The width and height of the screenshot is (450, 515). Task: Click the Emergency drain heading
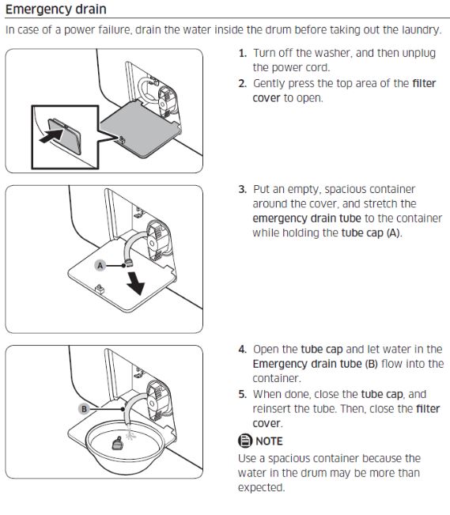click(56, 9)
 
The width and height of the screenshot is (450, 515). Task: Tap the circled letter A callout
click(100, 265)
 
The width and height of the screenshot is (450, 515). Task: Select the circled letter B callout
click(84, 409)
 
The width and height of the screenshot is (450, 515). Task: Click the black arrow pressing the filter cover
click(51, 135)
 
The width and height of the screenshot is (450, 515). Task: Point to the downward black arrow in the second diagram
click(136, 282)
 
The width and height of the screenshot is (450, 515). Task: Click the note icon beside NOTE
click(244, 441)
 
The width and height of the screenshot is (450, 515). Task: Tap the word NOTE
click(269, 441)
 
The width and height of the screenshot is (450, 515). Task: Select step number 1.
click(243, 53)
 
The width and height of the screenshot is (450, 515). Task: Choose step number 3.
click(243, 189)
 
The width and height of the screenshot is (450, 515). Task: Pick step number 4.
click(243, 349)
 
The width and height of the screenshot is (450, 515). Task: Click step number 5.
click(243, 394)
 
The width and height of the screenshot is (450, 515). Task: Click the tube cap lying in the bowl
click(117, 443)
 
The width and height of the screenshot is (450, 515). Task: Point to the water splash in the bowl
click(130, 434)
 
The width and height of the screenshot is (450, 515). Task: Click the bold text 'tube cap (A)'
click(371, 233)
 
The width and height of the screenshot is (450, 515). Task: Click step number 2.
click(243, 83)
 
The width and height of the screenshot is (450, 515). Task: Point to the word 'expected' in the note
click(260, 488)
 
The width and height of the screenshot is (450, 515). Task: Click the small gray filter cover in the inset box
click(65, 136)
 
